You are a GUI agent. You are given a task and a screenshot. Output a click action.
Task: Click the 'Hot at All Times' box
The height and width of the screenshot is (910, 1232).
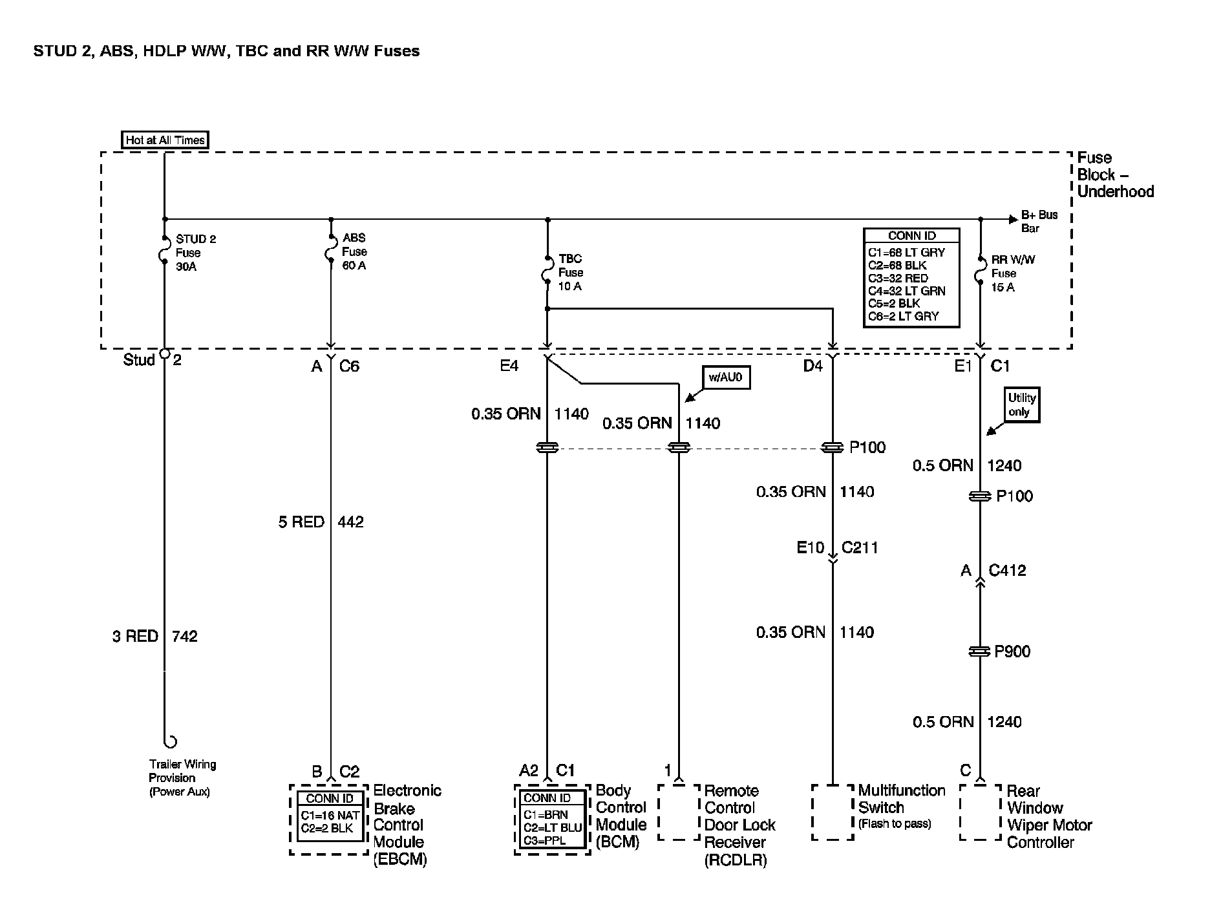coord(165,140)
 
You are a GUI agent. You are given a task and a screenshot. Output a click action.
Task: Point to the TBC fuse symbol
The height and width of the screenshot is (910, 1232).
coord(547,272)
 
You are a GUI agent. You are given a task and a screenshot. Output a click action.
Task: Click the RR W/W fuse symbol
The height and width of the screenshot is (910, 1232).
coord(981,273)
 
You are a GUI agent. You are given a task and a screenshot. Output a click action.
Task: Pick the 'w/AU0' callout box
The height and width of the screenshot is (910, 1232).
coord(725,377)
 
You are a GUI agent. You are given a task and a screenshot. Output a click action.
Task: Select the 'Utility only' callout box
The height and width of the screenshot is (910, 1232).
coord(1021,405)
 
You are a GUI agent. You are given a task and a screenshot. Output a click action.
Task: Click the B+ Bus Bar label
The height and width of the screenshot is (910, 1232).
coord(1039,221)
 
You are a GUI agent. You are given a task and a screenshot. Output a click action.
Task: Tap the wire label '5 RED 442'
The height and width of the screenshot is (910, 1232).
coord(321,522)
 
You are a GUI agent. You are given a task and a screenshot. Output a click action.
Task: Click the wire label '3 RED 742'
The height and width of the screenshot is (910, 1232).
coord(155,637)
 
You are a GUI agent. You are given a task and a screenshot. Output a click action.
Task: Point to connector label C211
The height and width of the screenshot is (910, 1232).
coord(860,548)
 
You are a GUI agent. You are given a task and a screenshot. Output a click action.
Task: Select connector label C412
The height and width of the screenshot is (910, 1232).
coord(1007,571)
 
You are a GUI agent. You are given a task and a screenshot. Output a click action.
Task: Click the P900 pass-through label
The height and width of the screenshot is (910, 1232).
coord(1012,651)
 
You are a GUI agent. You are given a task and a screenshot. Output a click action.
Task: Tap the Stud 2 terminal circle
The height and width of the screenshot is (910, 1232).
coord(164,354)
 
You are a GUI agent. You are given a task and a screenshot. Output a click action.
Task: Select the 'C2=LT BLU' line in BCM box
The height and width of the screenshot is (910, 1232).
coord(553,828)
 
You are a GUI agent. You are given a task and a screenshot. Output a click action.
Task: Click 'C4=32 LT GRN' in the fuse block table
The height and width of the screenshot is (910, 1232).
coord(906,291)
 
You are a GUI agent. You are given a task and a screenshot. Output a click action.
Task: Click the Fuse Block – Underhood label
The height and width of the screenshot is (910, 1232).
coord(1114,175)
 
